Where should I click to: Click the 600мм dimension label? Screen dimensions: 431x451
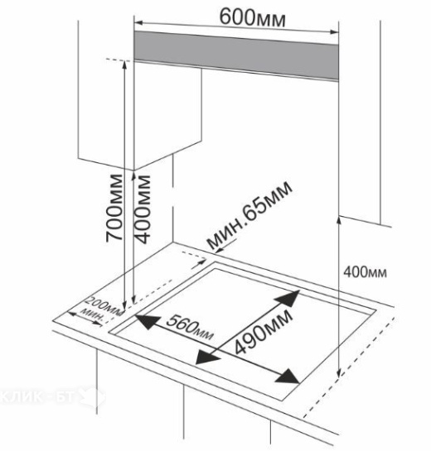pyautogui.click(x=252, y=18)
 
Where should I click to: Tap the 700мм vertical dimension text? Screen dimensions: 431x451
pyautogui.click(x=114, y=208)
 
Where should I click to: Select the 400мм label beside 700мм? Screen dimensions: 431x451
pyautogui.click(x=142, y=209)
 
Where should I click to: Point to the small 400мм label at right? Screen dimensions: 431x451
pyautogui.click(x=365, y=272)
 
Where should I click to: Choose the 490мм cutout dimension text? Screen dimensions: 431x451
pyautogui.click(x=263, y=331)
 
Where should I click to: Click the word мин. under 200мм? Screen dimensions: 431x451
pyautogui.click(x=92, y=314)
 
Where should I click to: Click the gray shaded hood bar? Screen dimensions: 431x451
pyautogui.click(x=236, y=56)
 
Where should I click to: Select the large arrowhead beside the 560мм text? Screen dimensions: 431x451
pyautogui.click(x=148, y=322)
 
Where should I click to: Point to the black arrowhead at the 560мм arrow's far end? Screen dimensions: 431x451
pyautogui.click(x=288, y=376)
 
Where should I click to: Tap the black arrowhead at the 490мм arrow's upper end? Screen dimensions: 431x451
pyautogui.click(x=288, y=299)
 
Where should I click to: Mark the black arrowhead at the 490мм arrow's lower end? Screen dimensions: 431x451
pyautogui.click(x=207, y=357)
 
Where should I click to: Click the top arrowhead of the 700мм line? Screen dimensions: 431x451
pyautogui.click(x=124, y=65)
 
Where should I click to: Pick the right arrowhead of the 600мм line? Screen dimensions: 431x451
pyautogui.click(x=334, y=32)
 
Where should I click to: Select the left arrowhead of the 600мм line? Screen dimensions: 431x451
pyautogui.click(x=138, y=22)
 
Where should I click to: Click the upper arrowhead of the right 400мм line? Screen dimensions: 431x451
pyautogui.click(x=339, y=221)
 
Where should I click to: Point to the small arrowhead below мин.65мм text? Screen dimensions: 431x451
pyautogui.click(x=219, y=251)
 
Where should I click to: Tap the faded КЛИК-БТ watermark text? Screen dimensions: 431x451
pyautogui.click(x=37, y=397)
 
